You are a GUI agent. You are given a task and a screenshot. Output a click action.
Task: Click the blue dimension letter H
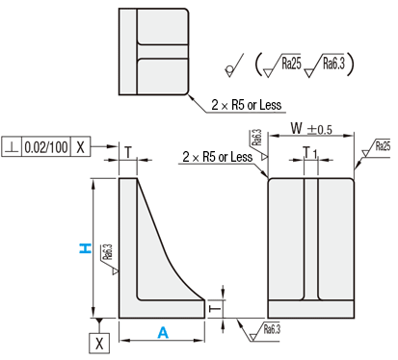[x=85, y=248]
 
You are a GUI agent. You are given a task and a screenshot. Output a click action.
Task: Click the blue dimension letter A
[x=163, y=333]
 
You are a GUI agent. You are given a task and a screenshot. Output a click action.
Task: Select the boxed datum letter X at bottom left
[x=99, y=344]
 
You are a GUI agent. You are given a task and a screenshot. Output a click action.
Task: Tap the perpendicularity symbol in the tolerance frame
[x=12, y=147]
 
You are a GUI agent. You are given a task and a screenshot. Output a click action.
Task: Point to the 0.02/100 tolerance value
[x=46, y=147]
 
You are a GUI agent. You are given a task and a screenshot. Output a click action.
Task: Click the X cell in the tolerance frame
[x=80, y=147]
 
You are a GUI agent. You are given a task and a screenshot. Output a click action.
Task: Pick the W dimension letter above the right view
[x=297, y=128]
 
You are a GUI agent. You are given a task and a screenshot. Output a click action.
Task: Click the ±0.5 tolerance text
[x=320, y=129]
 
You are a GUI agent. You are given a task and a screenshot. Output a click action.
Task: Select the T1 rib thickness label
[x=310, y=153]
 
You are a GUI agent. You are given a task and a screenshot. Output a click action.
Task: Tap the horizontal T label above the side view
[x=128, y=152]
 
